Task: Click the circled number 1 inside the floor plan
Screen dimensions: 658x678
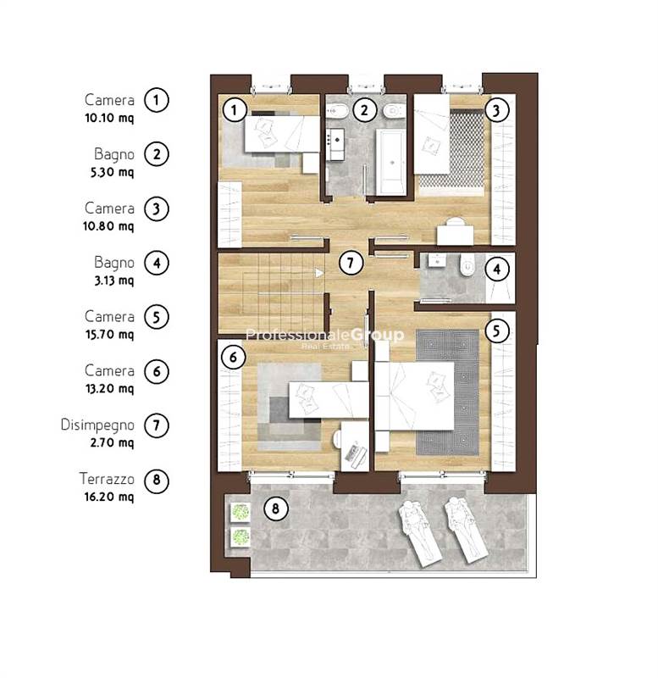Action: (x=234, y=110)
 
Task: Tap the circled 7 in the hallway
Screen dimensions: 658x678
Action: (x=350, y=263)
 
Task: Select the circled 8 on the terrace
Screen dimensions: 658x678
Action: (x=275, y=508)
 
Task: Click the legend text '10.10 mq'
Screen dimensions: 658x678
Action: (x=109, y=118)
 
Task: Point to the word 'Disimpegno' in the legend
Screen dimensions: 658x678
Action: (x=97, y=425)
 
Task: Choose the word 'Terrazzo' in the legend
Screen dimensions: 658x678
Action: (x=107, y=479)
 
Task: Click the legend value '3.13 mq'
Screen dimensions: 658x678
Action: (x=114, y=281)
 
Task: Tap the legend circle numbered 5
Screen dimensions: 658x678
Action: (x=157, y=317)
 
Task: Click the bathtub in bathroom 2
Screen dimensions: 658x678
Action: (x=390, y=162)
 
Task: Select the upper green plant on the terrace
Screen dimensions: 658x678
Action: (x=240, y=512)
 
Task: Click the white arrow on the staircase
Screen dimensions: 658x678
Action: (x=319, y=273)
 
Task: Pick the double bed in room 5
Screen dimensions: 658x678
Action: (x=414, y=396)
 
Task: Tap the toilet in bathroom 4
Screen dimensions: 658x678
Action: (x=467, y=266)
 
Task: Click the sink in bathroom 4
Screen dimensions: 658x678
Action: (x=438, y=261)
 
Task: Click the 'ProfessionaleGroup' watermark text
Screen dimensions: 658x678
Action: (x=325, y=334)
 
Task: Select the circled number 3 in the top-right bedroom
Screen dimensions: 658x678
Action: (x=496, y=110)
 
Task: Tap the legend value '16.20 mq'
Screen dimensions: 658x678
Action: (x=109, y=497)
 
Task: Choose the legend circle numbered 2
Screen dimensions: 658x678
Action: (x=157, y=154)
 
